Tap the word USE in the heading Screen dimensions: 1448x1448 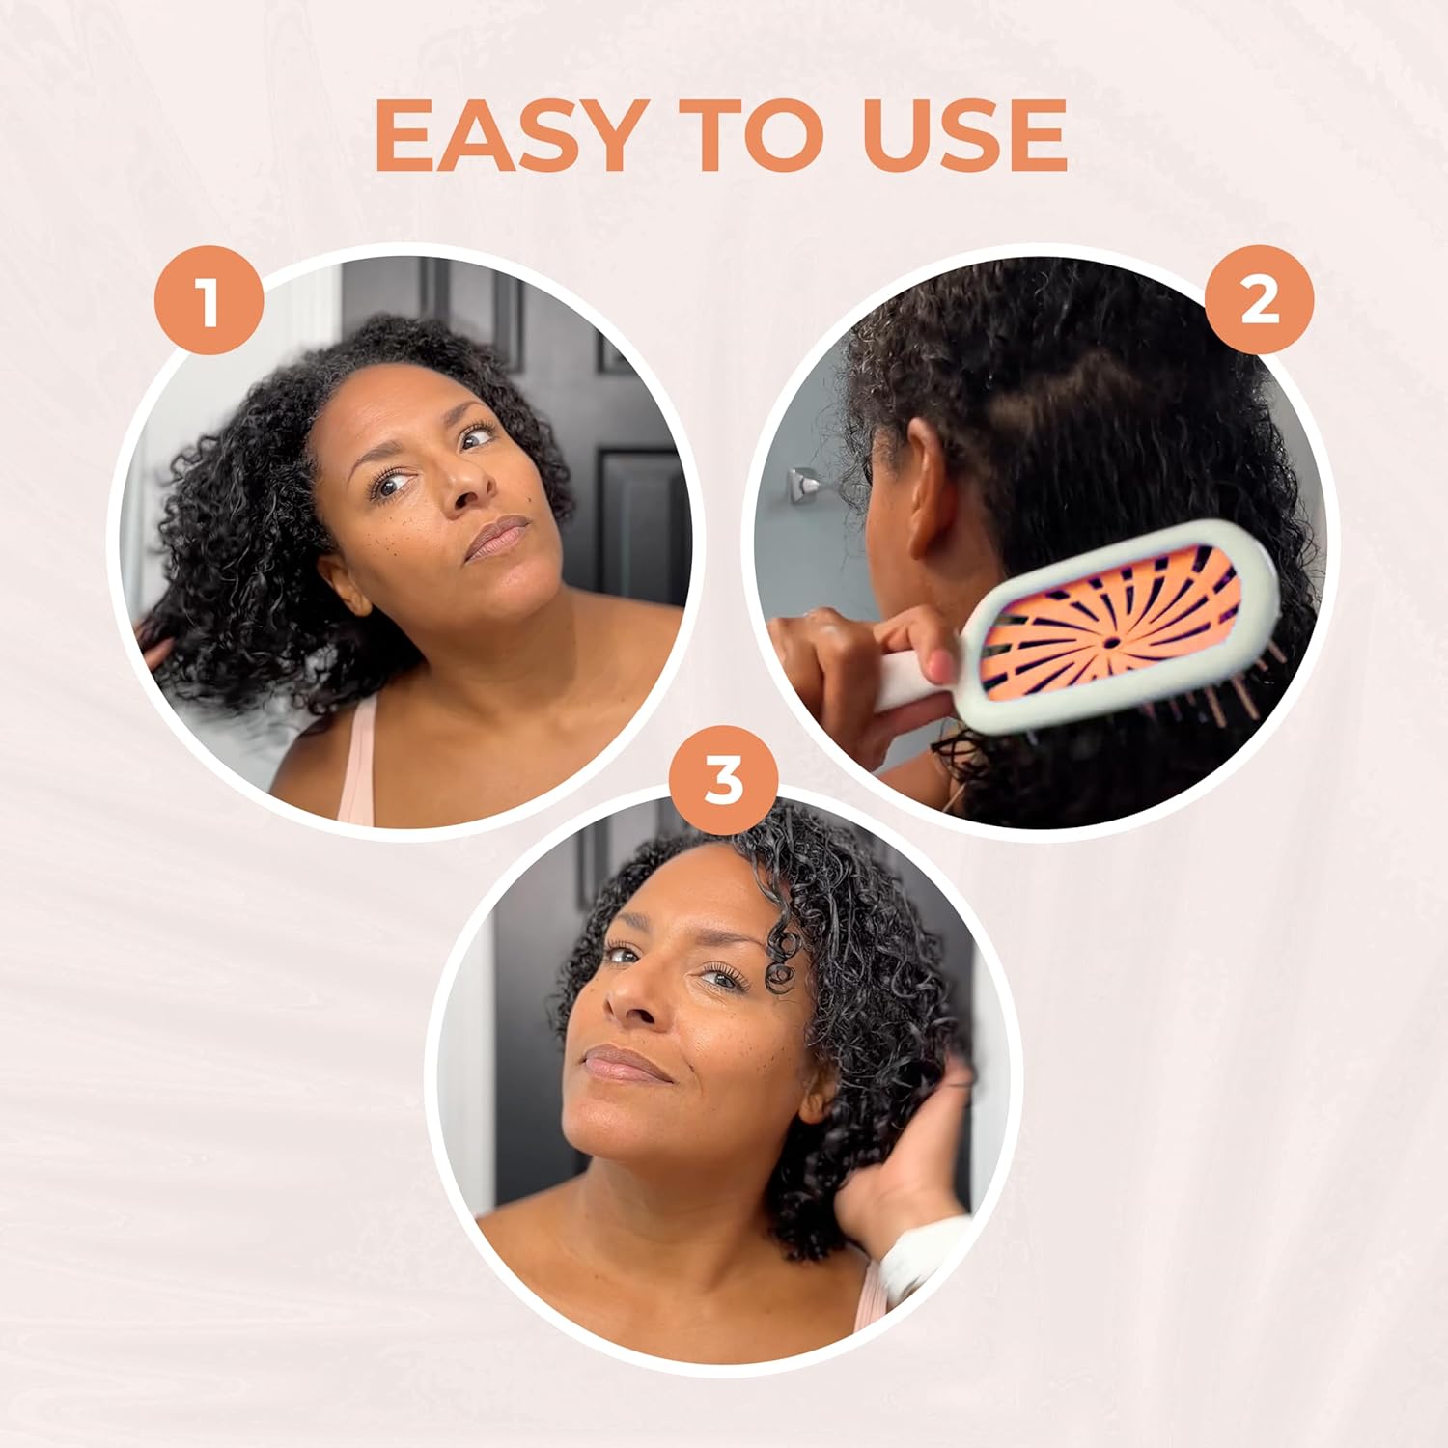point(964,136)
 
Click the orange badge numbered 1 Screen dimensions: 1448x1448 point(209,301)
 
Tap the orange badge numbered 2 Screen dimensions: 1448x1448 point(1259,301)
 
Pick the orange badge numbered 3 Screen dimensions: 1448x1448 point(723,780)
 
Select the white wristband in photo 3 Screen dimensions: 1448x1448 point(917,1255)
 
